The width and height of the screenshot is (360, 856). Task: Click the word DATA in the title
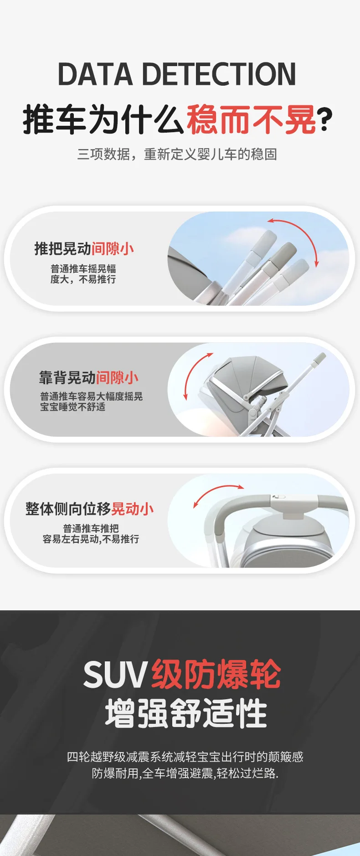pyautogui.click(x=95, y=74)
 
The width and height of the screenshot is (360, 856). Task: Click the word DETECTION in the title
pyautogui.click(x=220, y=74)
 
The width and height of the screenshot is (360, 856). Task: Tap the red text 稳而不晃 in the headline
pyautogui.click(x=251, y=119)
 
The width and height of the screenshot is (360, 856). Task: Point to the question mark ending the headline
pyautogui.click(x=325, y=120)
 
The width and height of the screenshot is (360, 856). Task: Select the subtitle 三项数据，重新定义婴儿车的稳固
pyautogui.click(x=177, y=155)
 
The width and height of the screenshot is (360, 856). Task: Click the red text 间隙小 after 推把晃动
pyautogui.click(x=113, y=249)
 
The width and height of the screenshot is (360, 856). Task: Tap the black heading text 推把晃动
pyautogui.click(x=63, y=249)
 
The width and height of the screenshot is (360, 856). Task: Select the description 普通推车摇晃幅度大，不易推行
pyautogui.click(x=83, y=274)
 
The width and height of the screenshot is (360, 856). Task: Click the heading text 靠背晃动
pyautogui.click(x=67, y=378)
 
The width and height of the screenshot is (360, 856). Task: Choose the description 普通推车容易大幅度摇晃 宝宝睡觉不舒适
pyautogui.click(x=91, y=402)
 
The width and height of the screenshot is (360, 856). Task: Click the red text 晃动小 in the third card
pyautogui.click(x=133, y=509)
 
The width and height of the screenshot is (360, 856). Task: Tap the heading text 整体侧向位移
pyautogui.click(x=68, y=509)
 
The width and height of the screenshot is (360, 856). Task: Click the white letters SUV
pyautogui.click(x=116, y=675)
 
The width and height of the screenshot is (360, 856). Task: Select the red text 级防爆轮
pyautogui.click(x=216, y=674)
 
